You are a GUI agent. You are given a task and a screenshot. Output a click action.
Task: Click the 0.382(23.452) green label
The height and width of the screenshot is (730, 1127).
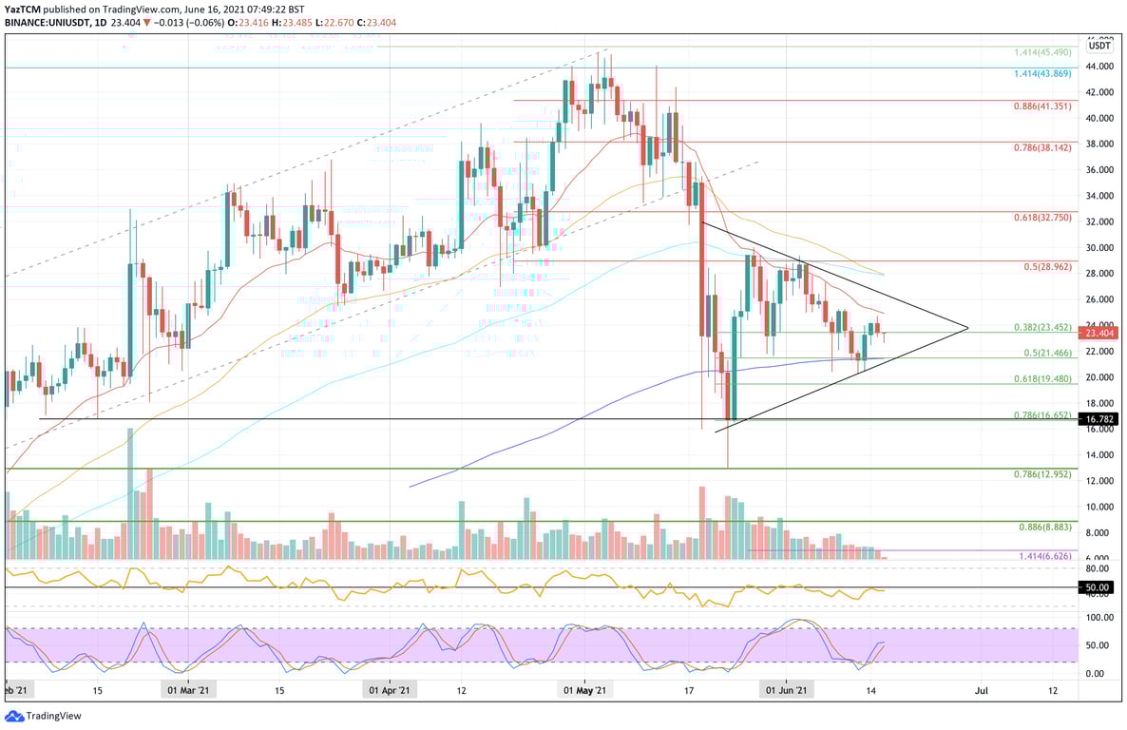click(1040, 327)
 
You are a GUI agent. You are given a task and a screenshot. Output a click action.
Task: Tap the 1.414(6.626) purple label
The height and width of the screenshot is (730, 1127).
click(1042, 557)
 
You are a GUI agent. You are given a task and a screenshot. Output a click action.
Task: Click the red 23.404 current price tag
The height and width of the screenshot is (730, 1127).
click(1101, 333)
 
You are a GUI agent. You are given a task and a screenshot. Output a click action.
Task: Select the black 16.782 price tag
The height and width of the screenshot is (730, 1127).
click(1101, 418)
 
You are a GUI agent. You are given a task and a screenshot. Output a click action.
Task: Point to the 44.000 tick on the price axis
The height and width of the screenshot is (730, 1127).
click(1099, 67)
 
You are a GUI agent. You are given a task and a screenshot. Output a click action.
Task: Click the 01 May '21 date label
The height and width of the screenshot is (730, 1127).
click(585, 691)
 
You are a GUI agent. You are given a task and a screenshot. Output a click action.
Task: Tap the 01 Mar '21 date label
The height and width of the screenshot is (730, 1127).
click(190, 691)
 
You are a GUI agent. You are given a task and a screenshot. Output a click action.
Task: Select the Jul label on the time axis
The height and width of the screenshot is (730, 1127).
click(982, 691)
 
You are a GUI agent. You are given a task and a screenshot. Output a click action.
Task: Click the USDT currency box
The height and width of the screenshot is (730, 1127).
click(1099, 45)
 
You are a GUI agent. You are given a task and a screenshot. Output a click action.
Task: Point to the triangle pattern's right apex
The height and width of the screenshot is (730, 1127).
click(967, 329)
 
